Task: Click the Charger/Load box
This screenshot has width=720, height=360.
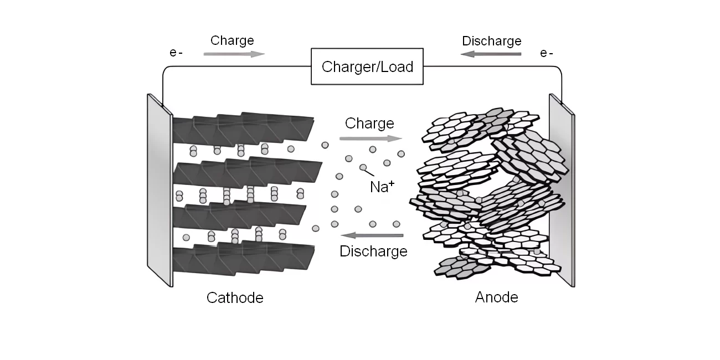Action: [x=368, y=67]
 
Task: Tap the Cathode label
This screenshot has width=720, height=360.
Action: [x=235, y=298]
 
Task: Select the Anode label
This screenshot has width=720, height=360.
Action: [x=496, y=297]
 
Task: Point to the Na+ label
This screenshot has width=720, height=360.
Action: [x=382, y=187]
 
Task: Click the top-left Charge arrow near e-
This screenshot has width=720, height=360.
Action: [x=234, y=54]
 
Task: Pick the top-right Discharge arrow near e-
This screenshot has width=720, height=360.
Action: [x=491, y=54]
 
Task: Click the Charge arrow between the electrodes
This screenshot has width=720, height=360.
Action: [x=371, y=138]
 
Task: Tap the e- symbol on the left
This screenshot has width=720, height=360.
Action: [x=176, y=54]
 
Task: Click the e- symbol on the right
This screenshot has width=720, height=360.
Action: [x=547, y=54]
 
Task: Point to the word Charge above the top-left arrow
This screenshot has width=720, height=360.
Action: [x=232, y=40]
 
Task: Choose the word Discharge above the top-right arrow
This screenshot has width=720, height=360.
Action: [x=491, y=41]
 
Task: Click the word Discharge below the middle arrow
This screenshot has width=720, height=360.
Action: [x=373, y=251]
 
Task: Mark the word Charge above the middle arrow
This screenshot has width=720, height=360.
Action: [x=369, y=123]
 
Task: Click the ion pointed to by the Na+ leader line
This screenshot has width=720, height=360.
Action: [x=363, y=167]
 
